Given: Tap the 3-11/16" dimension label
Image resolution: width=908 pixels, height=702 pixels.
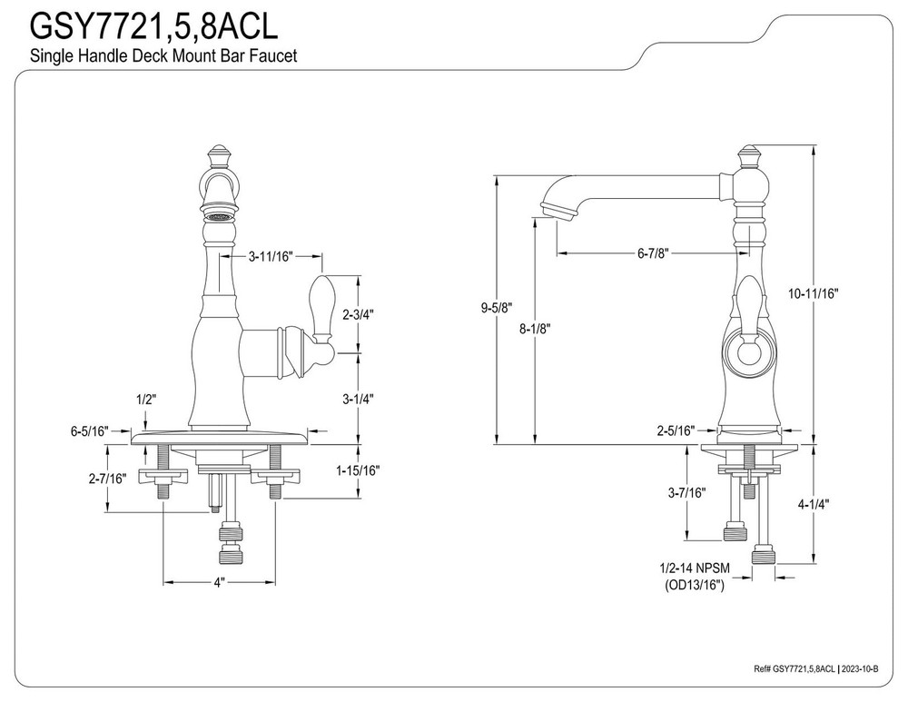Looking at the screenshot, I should (x=270, y=257).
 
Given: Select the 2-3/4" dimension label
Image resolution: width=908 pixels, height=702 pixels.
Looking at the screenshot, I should (x=358, y=314).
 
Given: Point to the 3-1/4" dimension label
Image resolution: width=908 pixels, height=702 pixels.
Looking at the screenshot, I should (x=358, y=398).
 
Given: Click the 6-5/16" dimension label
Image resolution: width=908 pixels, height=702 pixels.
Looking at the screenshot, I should (x=90, y=431).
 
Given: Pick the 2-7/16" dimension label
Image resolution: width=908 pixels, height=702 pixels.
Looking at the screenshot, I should (x=107, y=478).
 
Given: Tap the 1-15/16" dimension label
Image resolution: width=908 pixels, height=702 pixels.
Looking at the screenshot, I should (x=358, y=470).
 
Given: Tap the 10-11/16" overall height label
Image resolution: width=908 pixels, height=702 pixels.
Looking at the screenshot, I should (x=813, y=293).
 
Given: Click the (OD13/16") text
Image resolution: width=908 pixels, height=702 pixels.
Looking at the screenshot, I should (x=695, y=586).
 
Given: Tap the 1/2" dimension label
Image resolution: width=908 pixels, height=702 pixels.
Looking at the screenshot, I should (x=145, y=398).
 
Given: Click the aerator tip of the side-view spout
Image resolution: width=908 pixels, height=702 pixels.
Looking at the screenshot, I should (x=555, y=211).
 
